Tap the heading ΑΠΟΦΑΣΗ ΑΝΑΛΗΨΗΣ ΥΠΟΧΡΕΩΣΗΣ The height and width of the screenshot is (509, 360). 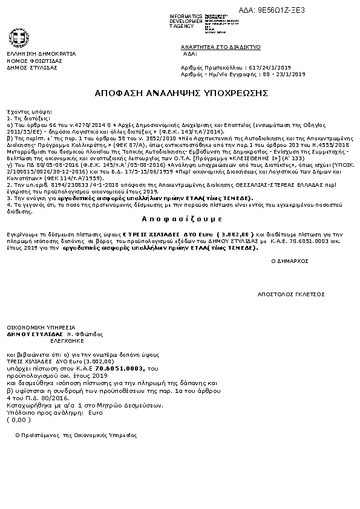(x=182, y=93)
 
